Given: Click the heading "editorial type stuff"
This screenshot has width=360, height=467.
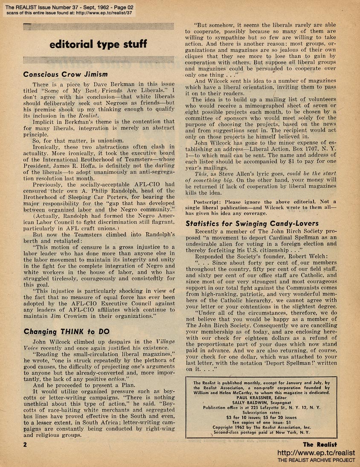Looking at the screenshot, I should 98,44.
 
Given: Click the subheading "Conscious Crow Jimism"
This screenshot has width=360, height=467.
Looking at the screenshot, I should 65,74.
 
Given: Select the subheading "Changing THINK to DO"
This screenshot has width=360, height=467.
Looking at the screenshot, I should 66,331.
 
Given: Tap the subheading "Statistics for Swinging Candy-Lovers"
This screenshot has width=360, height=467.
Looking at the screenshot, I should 252,223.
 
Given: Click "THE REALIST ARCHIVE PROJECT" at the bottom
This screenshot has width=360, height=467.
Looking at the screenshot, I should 316,460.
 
